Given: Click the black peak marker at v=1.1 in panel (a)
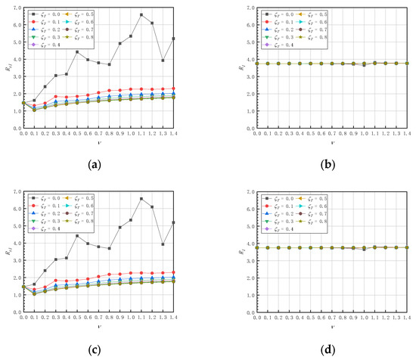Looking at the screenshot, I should pos(141,14).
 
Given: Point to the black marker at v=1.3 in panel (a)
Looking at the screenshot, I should pos(163,61).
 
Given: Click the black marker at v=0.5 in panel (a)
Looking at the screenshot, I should pos(77,51).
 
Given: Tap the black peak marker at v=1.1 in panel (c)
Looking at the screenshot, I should pos(141,198).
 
